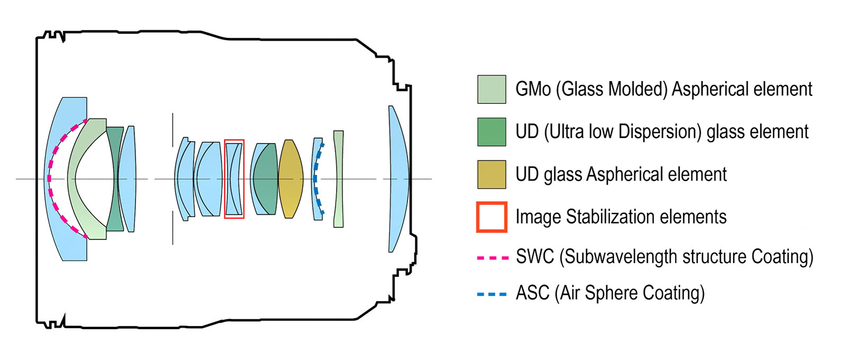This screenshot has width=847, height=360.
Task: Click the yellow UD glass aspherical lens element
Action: (291, 179)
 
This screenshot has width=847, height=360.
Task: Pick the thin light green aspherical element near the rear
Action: (339, 179)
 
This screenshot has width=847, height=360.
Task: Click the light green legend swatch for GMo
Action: (492, 89)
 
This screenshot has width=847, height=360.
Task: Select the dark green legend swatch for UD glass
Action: (492, 132)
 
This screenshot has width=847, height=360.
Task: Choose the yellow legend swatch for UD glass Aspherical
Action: (492, 174)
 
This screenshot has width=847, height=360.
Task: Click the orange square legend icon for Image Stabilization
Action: (492, 217)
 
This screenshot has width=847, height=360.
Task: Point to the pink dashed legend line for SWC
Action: (493, 258)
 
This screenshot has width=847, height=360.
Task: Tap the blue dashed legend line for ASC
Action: (492, 294)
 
